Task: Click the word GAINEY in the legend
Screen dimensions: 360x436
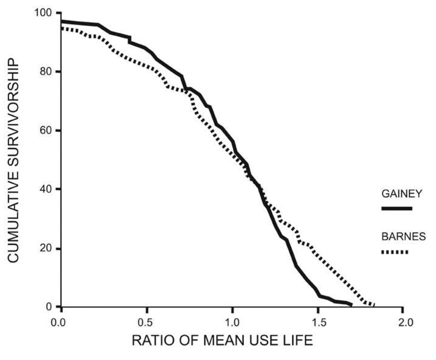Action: [401, 194]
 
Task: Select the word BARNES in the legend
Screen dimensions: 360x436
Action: [403, 236]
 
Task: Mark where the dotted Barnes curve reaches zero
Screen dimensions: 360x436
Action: [374, 305]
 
